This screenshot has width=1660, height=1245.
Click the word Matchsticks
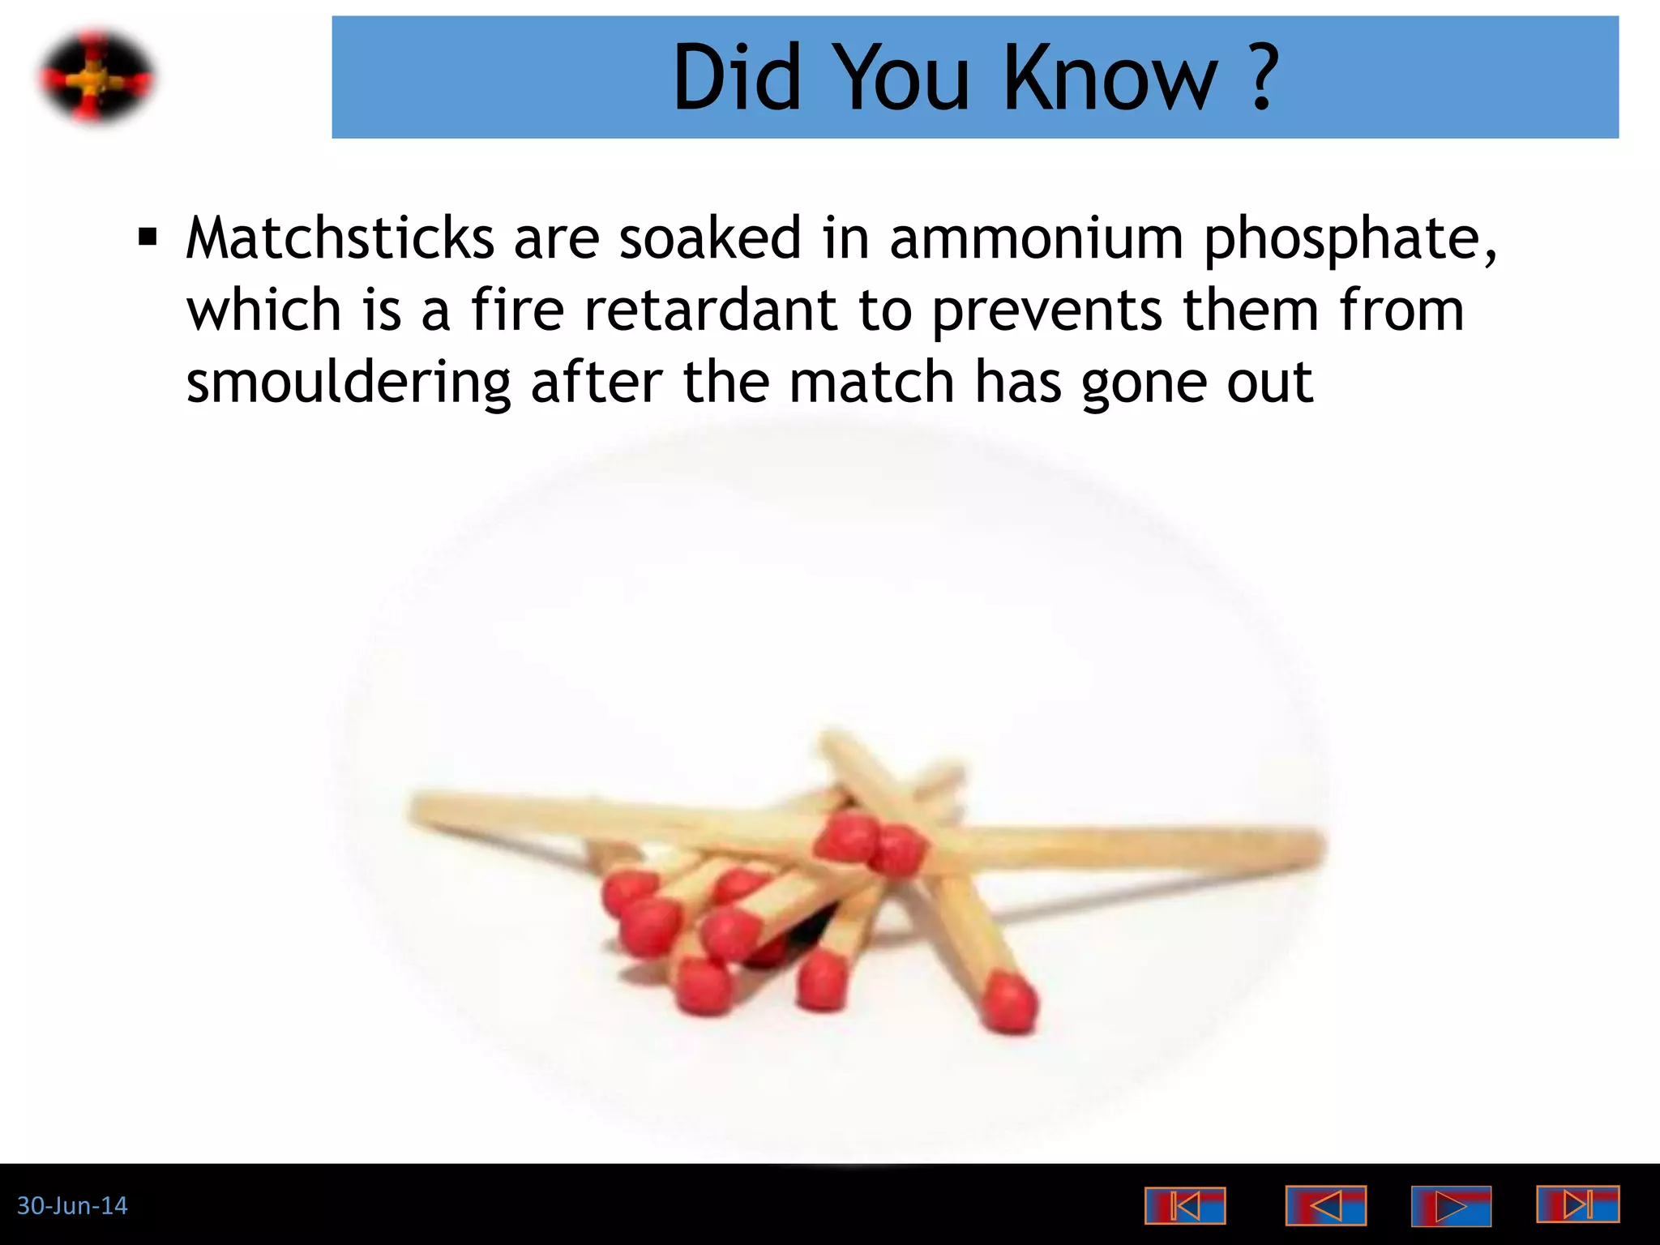click(x=340, y=238)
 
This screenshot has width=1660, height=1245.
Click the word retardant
click(x=711, y=310)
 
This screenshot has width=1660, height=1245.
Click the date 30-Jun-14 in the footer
click(x=72, y=1205)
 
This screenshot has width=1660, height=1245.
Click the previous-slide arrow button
click(x=1325, y=1205)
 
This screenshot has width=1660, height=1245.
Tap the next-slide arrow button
click(x=1451, y=1205)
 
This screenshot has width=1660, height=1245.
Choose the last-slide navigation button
click(x=1577, y=1204)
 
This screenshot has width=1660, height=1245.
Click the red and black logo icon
click(x=96, y=78)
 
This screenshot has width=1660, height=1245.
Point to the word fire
click(x=516, y=310)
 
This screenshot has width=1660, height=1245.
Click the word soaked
click(x=710, y=238)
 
